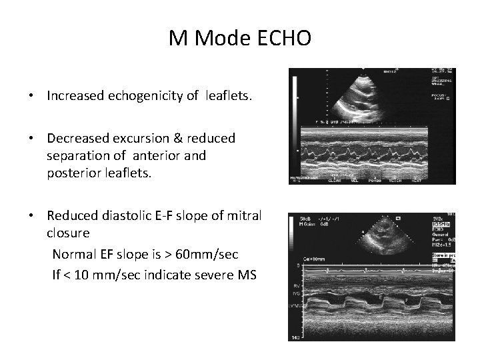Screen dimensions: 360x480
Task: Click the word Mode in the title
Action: click(x=225, y=39)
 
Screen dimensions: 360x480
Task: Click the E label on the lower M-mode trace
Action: click(x=381, y=297)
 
